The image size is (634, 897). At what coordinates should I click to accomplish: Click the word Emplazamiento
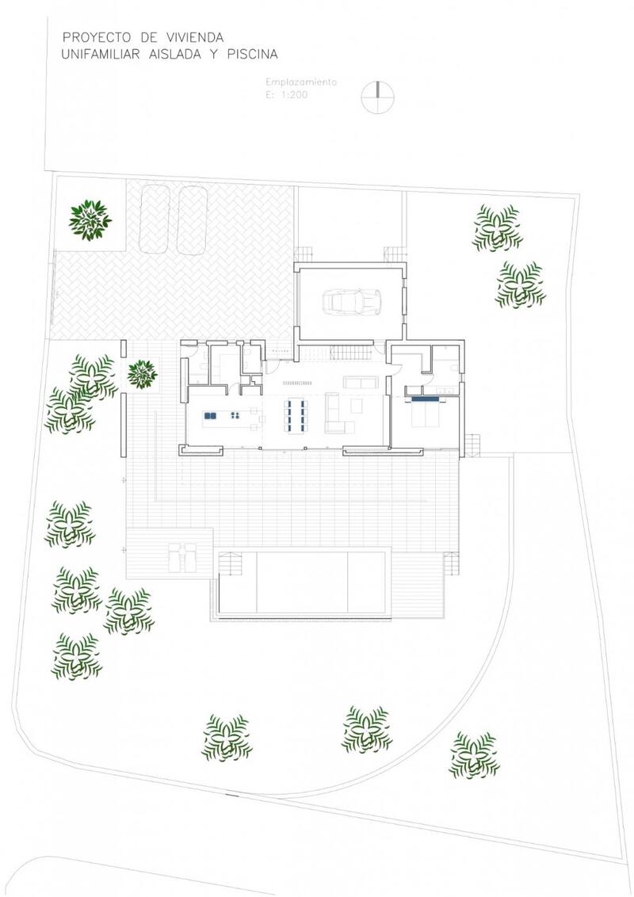point(301,82)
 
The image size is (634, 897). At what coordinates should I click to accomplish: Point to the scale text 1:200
point(294,95)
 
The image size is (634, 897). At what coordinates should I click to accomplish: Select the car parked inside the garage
point(352,300)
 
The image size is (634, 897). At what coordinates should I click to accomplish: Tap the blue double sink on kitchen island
point(210,416)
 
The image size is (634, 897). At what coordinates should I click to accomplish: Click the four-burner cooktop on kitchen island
point(235,416)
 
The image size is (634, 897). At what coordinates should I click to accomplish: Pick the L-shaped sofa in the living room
point(338,413)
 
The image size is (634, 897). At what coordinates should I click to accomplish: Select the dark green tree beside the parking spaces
point(90,219)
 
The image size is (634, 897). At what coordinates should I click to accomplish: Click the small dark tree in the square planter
point(142,374)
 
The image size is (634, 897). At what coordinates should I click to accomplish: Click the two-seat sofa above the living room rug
point(360,382)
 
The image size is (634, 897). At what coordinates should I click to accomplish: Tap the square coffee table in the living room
point(357,406)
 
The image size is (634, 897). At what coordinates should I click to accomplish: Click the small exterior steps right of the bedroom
point(472,444)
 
